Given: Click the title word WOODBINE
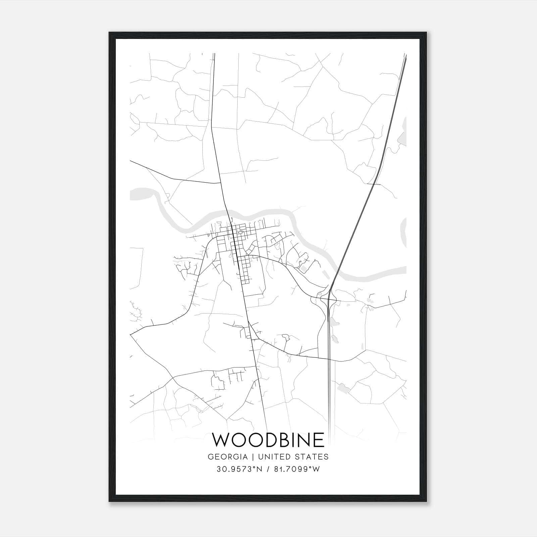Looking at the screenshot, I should click(268, 440).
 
